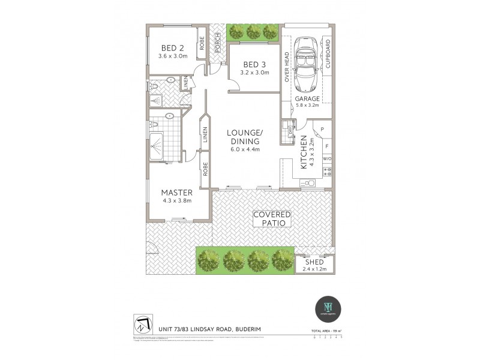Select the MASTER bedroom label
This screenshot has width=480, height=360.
pyautogui.click(x=177, y=193)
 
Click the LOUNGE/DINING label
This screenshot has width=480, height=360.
pyautogui.click(x=243, y=136)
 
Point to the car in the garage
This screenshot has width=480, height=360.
pyautogui.click(x=307, y=63)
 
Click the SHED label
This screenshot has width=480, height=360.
pyautogui.click(x=314, y=263)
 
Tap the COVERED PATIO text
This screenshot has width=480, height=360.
pyautogui.click(x=271, y=218)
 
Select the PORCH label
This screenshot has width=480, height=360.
pyautogui.click(x=217, y=43)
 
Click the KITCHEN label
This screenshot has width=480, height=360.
pyautogui.click(x=304, y=151)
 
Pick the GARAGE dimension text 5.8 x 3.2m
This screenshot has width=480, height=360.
pyautogui.click(x=306, y=106)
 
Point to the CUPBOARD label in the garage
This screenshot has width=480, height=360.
pyautogui.click(x=328, y=55)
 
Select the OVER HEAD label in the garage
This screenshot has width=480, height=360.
pyautogui.click(x=287, y=66)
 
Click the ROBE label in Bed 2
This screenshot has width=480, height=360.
pyautogui.click(x=202, y=41)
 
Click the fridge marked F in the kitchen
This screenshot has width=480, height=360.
pyautogui.click(x=326, y=145)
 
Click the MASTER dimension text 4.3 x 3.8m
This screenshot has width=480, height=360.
pyautogui.click(x=176, y=200)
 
